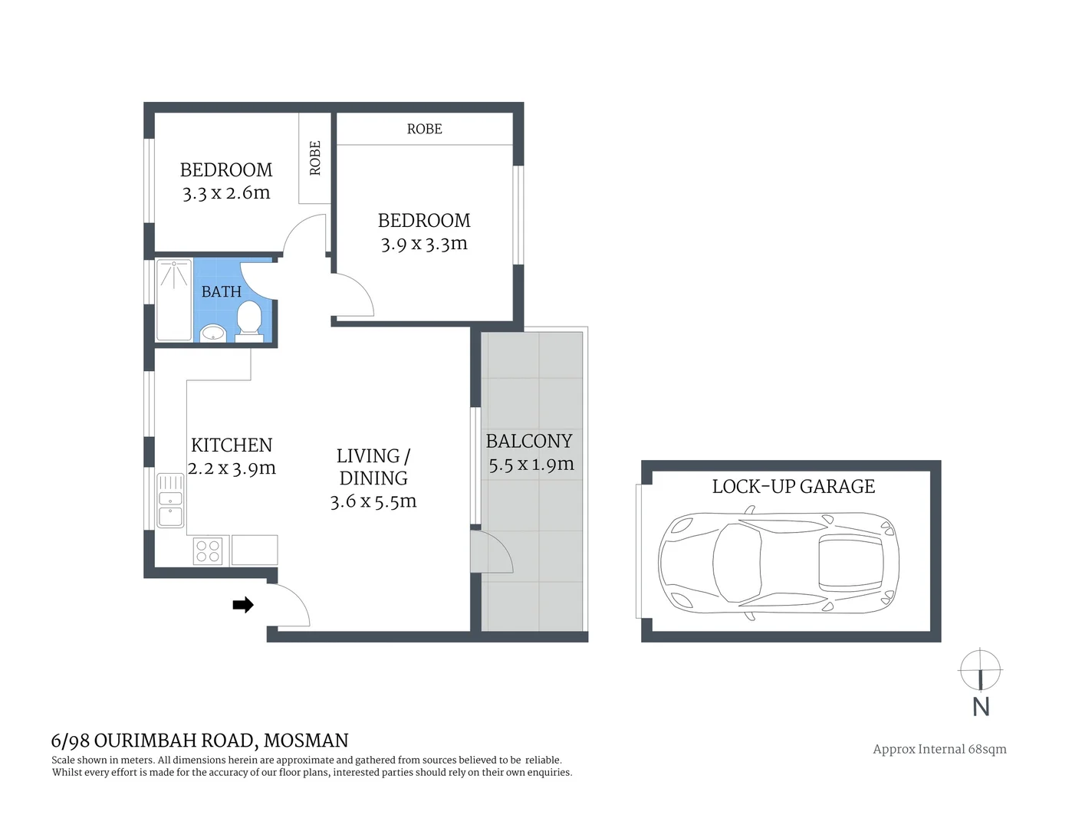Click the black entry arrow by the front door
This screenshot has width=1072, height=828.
coord(243,605)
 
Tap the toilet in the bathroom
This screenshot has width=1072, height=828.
coord(249,320)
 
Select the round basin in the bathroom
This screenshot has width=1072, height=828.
coord(212,333)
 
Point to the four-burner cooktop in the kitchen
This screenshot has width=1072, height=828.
coord(208,550)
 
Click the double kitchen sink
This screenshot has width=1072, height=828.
coord(170,500)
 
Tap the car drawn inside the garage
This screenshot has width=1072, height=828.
coord(778,561)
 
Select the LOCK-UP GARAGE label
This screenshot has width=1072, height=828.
coord(793,487)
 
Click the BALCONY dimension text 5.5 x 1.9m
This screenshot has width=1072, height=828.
coord(531,465)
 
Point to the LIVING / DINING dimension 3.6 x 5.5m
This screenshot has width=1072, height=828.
coord(373,501)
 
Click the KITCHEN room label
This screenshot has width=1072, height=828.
coord(231,445)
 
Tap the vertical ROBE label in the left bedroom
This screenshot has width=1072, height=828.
coord(315,158)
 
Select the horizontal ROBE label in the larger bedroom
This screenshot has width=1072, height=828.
coord(424,129)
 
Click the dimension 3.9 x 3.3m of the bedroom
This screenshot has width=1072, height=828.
coord(424,244)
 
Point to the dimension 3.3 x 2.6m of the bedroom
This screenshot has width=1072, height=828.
coord(226,193)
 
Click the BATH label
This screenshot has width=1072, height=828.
coord(221,292)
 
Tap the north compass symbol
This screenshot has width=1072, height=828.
coord(980,671)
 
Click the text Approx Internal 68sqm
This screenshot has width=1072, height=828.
coord(939,749)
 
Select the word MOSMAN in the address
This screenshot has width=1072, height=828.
coord(306,741)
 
